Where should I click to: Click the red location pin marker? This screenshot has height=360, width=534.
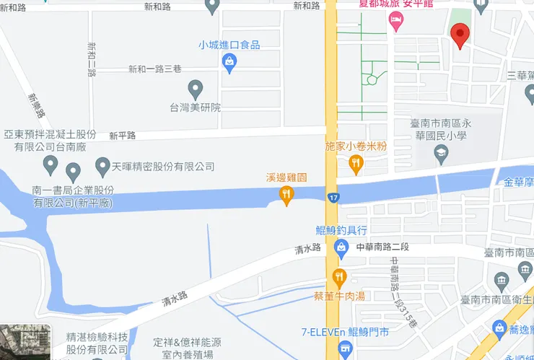[x=460, y=34]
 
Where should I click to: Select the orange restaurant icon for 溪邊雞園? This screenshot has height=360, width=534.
[x=287, y=194]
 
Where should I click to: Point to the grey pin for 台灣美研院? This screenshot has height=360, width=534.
[x=195, y=89]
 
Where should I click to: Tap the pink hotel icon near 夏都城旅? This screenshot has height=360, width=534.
[x=396, y=22]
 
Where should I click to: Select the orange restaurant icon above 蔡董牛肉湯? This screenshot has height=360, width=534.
[x=339, y=276]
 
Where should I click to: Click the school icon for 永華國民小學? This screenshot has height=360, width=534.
[x=442, y=153]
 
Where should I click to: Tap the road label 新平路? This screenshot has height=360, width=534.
[x=123, y=136]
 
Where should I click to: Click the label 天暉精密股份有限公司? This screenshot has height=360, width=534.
[x=163, y=167]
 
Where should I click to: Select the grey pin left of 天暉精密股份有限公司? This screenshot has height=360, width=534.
[x=73, y=172]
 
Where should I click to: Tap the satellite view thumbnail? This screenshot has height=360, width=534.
[x=25, y=343]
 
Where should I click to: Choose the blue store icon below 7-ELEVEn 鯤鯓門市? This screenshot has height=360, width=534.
[x=345, y=350]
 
